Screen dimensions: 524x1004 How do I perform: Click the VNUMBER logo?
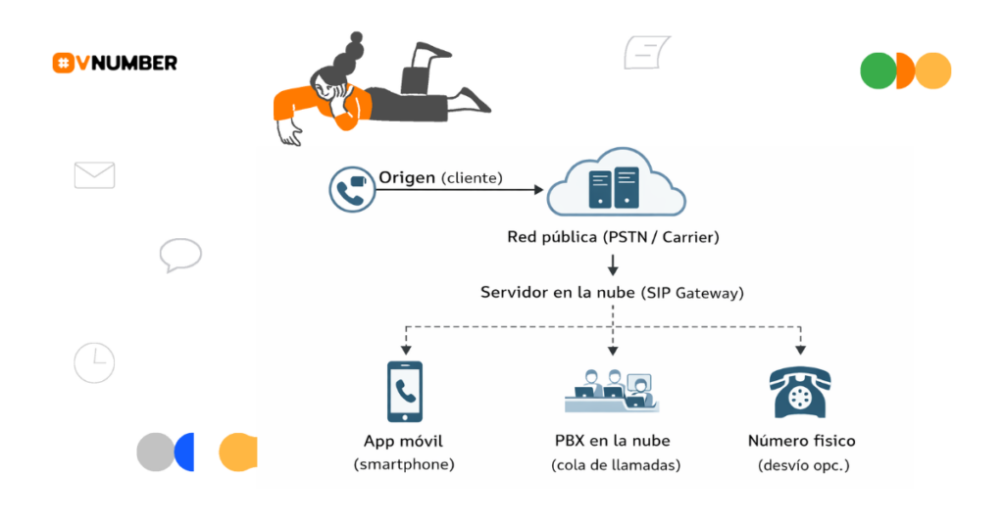pos(115,63)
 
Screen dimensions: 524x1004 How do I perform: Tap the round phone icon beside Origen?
pos(350,190)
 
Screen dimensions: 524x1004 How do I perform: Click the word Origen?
pos(407,177)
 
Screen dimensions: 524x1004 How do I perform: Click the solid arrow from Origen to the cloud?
pos(461,190)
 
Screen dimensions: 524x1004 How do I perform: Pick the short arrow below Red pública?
pos(613,264)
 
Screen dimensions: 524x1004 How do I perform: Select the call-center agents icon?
pos(613,390)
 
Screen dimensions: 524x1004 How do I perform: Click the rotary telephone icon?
pos(801,393)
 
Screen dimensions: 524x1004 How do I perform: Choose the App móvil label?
pos(403,441)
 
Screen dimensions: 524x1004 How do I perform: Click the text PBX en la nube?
pos(613,441)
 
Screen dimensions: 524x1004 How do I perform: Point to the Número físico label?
pos(801,441)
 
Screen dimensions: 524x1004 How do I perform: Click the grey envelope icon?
pos(94,175)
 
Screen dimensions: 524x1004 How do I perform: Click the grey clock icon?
pos(94,362)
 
